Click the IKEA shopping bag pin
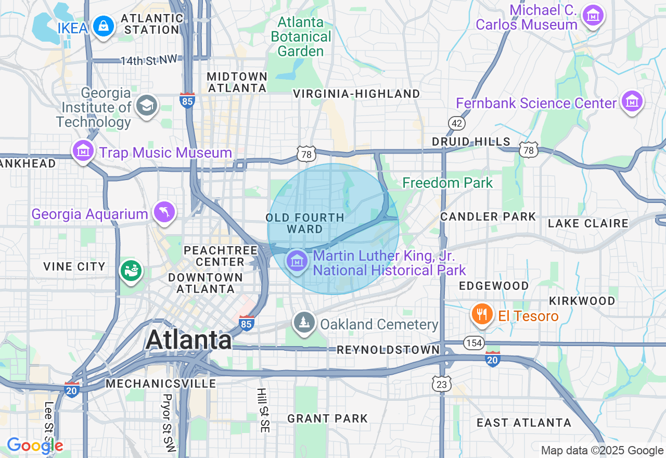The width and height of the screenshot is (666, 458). pyautogui.click(x=104, y=26)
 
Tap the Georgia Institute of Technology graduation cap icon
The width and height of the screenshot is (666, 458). pyautogui.click(x=146, y=106)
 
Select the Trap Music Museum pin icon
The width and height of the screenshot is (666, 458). pyautogui.click(x=83, y=151)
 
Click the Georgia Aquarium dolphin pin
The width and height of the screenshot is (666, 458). pyautogui.click(x=164, y=212)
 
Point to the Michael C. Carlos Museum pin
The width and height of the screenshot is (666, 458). pyautogui.click(x=593, y=16)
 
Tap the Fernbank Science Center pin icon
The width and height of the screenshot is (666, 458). pyautogui.click(x=632, y=101)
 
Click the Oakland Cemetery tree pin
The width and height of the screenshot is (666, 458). pyautogui.click(x=304, y=323)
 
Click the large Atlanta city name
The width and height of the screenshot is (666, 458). pyautogui.click(x=189, y=340)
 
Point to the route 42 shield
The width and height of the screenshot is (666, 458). pyautogui.click(x=457, y=123)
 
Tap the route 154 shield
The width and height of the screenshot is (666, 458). pyautogui.click(x=474, y=343)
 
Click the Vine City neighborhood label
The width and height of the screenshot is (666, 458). pyautogui.click(x=74, y=266)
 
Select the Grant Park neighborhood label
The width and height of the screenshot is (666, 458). pyautogui.click(x=327, y=418)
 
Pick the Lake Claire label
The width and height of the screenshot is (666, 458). pyautogui.click(x=588, y=224)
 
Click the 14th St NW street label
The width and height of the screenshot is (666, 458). pyautogui.click(x=149, y=61)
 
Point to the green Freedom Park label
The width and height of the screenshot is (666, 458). pyautogui.click(x=447, y=183)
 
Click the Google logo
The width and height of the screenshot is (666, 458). pyautogui.click(x=34, y=446)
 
